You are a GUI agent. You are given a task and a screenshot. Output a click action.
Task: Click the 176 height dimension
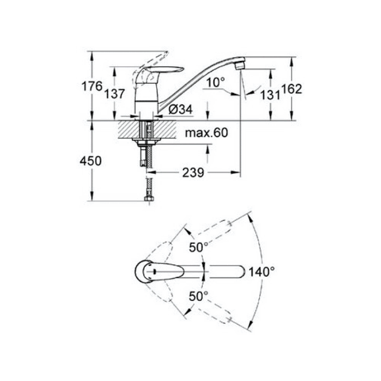[92, 86]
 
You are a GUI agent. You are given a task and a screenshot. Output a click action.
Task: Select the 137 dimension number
[114, 93]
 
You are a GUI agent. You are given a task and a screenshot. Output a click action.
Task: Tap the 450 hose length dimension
[90, 161]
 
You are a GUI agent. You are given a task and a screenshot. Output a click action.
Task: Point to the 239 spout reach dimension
[193, 173]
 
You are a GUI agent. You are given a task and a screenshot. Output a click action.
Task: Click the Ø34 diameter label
[180, 109]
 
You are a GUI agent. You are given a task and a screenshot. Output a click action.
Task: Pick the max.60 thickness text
[207, 133]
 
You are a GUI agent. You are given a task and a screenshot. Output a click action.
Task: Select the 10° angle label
[216, 82]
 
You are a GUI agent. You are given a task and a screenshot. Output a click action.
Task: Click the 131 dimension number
[270, 95]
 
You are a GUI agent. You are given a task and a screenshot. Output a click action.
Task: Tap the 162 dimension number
[291, 89]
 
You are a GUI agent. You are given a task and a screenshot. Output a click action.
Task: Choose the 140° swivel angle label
[261, 271]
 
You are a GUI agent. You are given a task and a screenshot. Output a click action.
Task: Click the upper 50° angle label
[199, 247]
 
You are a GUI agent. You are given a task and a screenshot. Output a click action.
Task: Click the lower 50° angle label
[199, 296]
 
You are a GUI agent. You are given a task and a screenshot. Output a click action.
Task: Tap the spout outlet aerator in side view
[240, 66]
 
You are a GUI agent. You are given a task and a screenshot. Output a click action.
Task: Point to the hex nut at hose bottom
[148, 199]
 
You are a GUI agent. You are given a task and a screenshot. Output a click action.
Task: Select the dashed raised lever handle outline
[148, 66]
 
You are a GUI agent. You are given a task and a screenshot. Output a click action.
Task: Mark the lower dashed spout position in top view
[214, 315]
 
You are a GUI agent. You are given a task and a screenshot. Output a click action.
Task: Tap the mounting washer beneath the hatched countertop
[146, 140]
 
